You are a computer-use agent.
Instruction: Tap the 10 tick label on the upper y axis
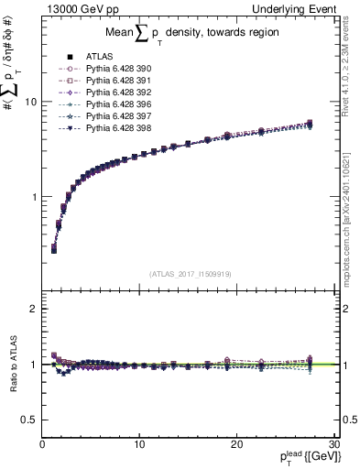click(x=31, y=102)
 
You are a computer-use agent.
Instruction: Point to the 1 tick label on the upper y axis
click(x=34, y=197)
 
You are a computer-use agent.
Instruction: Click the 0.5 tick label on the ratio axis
click(x=29, y=420)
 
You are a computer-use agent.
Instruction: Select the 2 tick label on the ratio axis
click(x=34, y=309)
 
